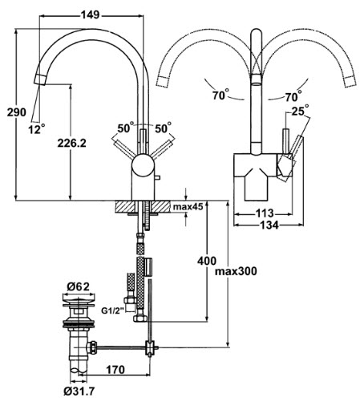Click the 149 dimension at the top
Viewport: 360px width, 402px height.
91,15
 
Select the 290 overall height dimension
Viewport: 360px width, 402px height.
17,112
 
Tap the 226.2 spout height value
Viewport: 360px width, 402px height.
72,144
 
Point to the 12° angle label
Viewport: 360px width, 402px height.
36,129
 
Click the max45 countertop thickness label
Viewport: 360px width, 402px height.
188,206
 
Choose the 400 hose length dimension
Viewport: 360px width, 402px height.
207,261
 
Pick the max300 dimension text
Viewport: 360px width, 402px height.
236,271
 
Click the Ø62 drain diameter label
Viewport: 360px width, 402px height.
78,287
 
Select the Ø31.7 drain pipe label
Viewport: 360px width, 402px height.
79,392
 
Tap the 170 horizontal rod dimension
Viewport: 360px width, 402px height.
115,370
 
